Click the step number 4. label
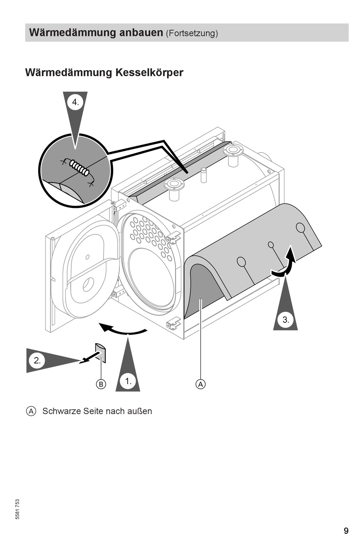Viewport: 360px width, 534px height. (75, 102)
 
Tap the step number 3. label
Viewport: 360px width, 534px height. (286, 320)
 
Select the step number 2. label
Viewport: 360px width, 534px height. (37, 361)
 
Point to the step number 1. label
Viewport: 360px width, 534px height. (128, 381)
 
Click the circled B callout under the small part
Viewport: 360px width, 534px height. (101, 384)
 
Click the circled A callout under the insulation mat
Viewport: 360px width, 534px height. (200, 384)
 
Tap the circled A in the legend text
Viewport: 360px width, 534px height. (31, 411)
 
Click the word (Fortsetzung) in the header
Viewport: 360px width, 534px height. (192, 33)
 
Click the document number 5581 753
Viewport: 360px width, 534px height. (17, 509)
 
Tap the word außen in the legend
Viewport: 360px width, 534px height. (141, 411)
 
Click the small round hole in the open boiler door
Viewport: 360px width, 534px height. (88, 257)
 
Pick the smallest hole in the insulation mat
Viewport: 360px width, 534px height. (271, 245)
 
